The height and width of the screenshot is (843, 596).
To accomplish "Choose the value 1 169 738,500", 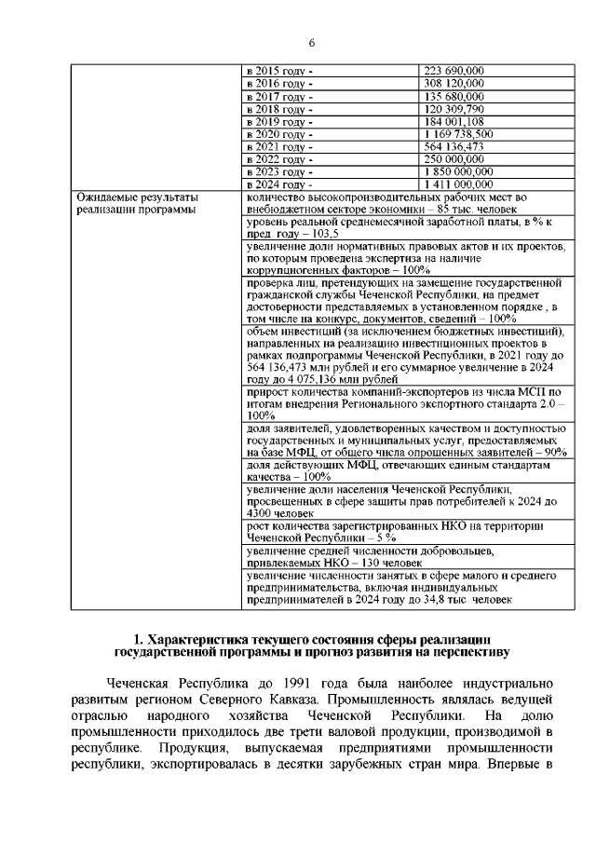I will pyautogui.click(x=458, y=134).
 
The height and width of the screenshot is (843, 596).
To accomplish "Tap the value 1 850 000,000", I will pyautogui.click(x=458, y=171).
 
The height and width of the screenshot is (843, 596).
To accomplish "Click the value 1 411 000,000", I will pyautogui.click(x=458, y=184).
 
